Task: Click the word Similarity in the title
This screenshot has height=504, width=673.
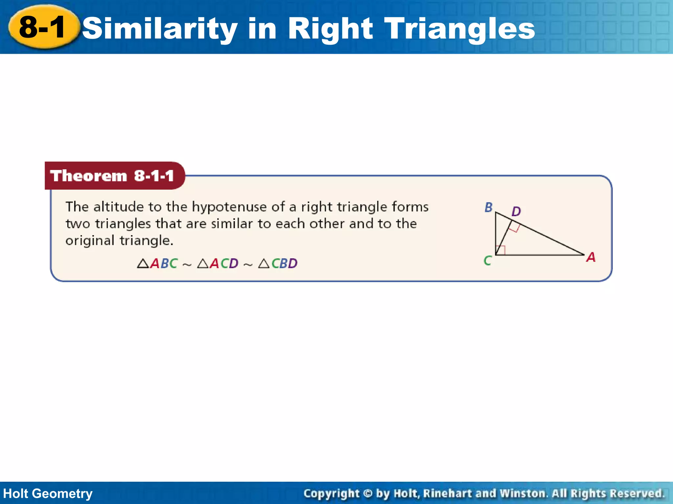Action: [160, 29]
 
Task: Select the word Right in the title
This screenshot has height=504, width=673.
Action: [330, 29]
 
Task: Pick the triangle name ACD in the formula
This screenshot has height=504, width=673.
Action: [224, 263]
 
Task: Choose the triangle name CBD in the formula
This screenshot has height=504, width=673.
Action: [284, 263]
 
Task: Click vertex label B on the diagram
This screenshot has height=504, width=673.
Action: [489, 207]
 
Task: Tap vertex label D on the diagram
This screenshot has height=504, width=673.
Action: [516, 211]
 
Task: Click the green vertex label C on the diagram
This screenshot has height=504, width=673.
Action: [487, 261]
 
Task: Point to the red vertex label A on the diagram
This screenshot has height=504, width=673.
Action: [591, 257]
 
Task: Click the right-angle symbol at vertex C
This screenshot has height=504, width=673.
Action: [500, 250]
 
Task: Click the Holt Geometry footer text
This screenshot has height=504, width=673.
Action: [48, 493]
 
